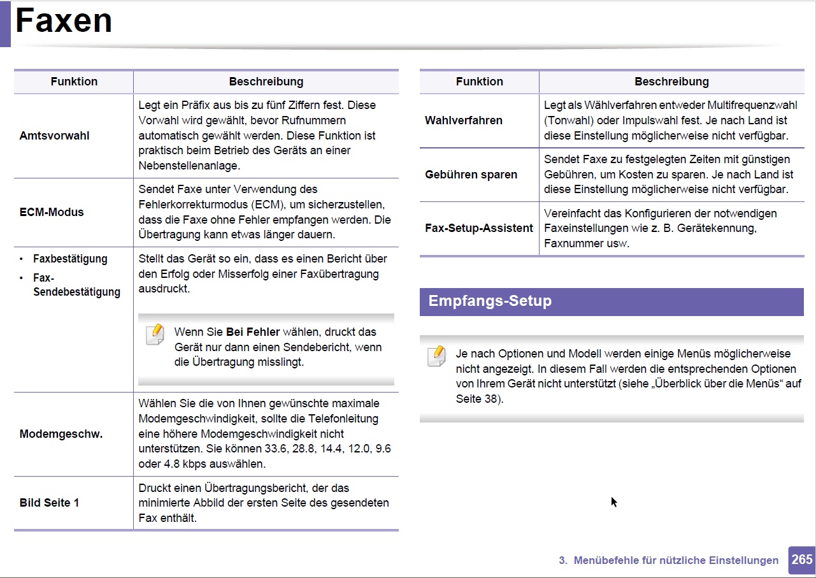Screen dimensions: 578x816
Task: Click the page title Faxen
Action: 64,21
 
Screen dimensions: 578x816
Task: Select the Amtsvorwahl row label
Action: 54,136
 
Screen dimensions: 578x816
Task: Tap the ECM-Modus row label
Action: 52,212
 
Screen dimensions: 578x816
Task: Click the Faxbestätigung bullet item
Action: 70,259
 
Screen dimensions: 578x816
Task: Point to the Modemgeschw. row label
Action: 61,434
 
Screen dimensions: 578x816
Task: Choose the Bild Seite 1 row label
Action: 49,503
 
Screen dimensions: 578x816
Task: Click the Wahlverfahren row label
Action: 463,120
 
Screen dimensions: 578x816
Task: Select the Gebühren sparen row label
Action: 471,175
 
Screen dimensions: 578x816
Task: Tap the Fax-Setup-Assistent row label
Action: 478,228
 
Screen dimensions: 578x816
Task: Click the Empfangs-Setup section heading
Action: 490,301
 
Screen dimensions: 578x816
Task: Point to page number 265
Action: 801,560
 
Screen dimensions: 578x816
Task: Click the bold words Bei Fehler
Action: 252,332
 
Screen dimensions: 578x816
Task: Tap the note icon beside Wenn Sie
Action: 155,335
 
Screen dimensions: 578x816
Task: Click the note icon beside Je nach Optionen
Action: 436,356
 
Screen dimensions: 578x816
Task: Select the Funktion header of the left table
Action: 74,82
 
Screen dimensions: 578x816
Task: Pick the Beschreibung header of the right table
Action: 671,82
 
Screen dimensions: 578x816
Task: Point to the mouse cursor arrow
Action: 613,502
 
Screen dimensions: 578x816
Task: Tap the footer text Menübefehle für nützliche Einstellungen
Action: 675,561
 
